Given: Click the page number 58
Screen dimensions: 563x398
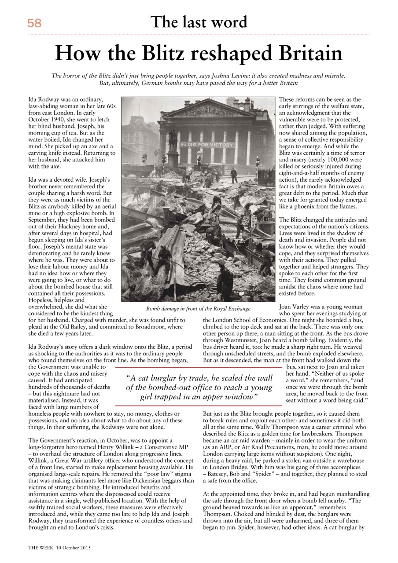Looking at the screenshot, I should tap(34, 23).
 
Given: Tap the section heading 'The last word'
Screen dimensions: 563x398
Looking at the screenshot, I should tap(199, 22).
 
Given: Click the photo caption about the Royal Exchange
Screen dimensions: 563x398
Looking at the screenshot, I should tap(198, 308).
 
